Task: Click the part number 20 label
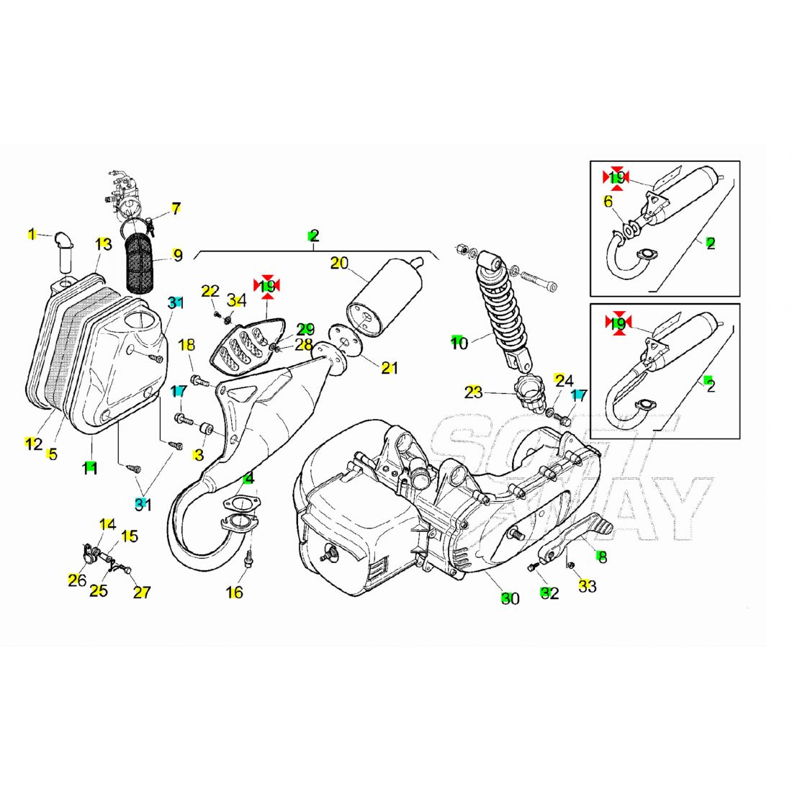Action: pos(339,263)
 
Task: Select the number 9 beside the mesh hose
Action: pos(177,255)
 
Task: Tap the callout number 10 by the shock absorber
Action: pos(459,343)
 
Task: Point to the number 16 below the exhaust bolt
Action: pos(234,593)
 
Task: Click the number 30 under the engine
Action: pos(510,598)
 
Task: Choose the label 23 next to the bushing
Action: pos(473,392)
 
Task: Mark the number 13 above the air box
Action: pos(104,244)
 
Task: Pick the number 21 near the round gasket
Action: pos(390,368)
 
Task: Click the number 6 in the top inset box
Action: pos(608,201)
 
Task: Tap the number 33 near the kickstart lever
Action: pos(588,587)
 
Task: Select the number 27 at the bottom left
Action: pos(142,593)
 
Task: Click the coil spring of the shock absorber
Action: pos(500,306)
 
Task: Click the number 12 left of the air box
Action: pos(33,444)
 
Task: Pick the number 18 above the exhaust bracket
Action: pos(186,345)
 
